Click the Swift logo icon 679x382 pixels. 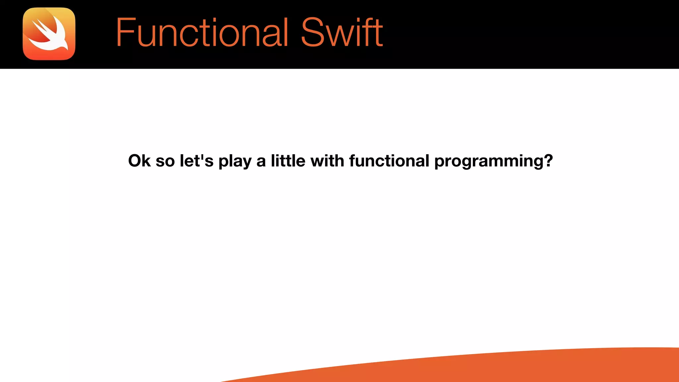(49, 34)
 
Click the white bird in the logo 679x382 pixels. (50, 36)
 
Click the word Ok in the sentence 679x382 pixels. (139, 161)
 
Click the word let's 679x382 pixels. (196, 161)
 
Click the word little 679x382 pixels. (288, 161)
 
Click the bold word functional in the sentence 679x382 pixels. (389, 161)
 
